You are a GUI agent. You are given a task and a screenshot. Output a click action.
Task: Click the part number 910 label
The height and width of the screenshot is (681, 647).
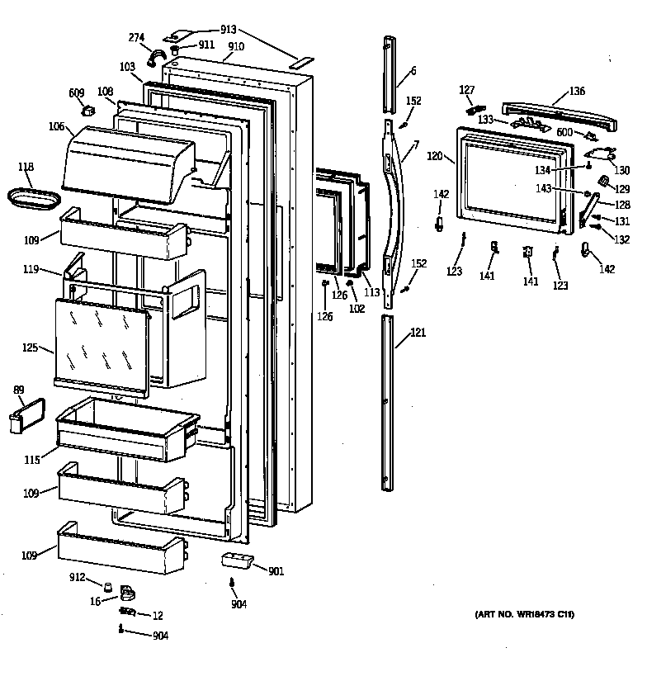(237, 47)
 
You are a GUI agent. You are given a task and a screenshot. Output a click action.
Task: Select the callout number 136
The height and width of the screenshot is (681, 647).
(577, 92)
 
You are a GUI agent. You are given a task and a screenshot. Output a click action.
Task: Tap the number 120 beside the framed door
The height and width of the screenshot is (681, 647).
(435, 155)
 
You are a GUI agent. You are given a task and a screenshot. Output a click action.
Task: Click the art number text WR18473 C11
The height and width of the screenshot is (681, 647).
(524, 615)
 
